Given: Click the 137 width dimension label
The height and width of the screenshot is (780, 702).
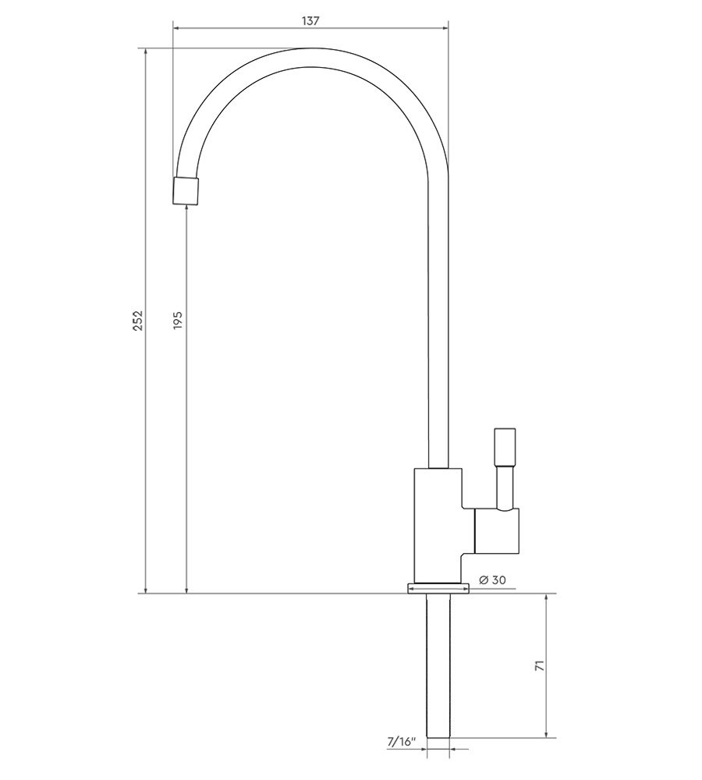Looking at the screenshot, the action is click(310, 21).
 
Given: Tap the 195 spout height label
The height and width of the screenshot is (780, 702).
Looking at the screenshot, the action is click(178, 321).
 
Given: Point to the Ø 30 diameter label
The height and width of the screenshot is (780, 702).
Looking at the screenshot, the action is click(492, 580).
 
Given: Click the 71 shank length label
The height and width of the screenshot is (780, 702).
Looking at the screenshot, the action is click(539, 665).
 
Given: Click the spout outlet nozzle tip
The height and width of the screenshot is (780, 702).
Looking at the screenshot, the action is click(186, 190).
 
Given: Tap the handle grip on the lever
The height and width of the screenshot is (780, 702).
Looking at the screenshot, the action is click(505, 446).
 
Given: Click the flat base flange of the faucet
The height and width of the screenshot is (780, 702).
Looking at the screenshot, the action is click(438, 588).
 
